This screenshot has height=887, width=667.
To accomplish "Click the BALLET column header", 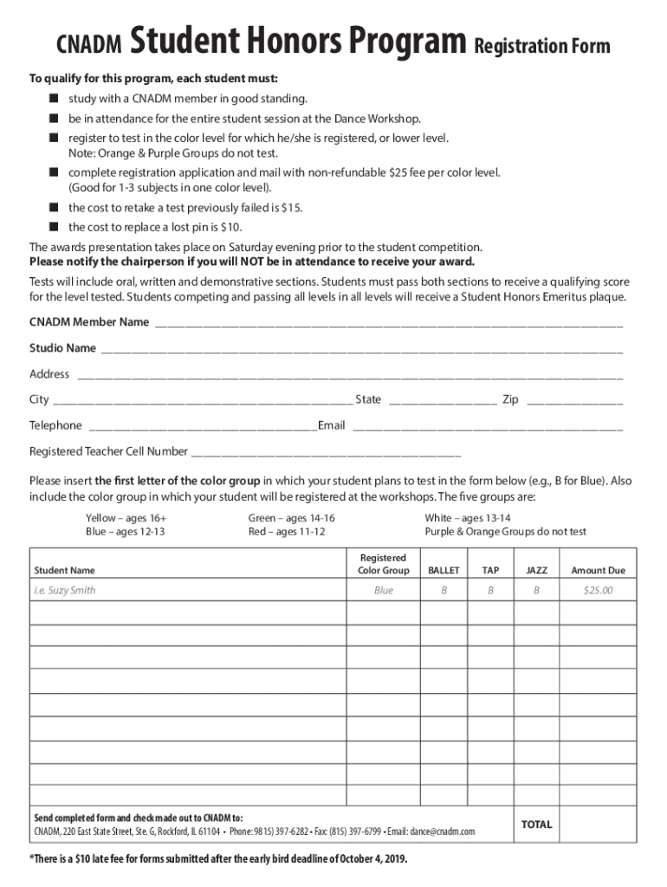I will point(444,571).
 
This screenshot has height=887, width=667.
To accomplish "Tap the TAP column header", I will point(490,571).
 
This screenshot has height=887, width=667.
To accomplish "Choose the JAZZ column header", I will point(536,571).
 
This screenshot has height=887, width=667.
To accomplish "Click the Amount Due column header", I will point(598,571).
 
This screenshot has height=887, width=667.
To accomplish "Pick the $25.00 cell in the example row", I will point(598,591).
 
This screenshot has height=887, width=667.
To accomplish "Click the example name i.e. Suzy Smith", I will point(65,591).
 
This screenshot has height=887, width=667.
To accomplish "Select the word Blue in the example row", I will point(384,591).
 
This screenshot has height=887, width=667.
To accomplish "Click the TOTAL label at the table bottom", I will point(536,825).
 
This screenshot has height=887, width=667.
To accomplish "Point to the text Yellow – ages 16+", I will point(126,518).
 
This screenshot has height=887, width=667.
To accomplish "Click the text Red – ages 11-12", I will point(287,532).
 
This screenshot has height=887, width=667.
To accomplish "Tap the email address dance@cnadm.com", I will point(442,832).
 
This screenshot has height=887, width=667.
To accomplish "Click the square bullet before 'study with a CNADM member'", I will point(54,99).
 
